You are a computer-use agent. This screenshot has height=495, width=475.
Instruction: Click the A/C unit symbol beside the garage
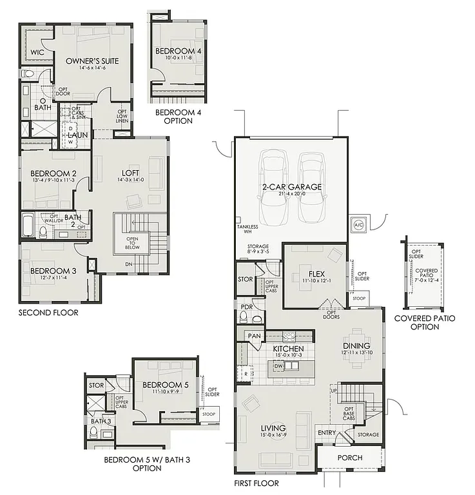point(358,224)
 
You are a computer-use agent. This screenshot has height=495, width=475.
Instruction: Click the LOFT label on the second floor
point(131,173)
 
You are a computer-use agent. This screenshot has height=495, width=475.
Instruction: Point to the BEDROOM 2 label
point(53,173)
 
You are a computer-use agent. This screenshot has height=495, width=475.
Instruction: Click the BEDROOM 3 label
point(53,271)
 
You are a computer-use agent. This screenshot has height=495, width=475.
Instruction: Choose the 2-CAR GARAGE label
point(291,187)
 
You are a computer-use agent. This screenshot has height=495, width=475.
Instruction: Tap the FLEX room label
point(316,273)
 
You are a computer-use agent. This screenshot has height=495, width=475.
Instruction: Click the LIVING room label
point(273,429)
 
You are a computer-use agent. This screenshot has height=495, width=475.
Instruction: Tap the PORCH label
point(350,458)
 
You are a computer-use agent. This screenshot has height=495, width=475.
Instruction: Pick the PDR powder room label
point(246,307)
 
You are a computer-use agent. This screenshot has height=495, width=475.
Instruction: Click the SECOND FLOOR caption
point(48,313)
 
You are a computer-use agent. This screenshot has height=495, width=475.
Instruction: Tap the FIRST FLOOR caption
point(257,483)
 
